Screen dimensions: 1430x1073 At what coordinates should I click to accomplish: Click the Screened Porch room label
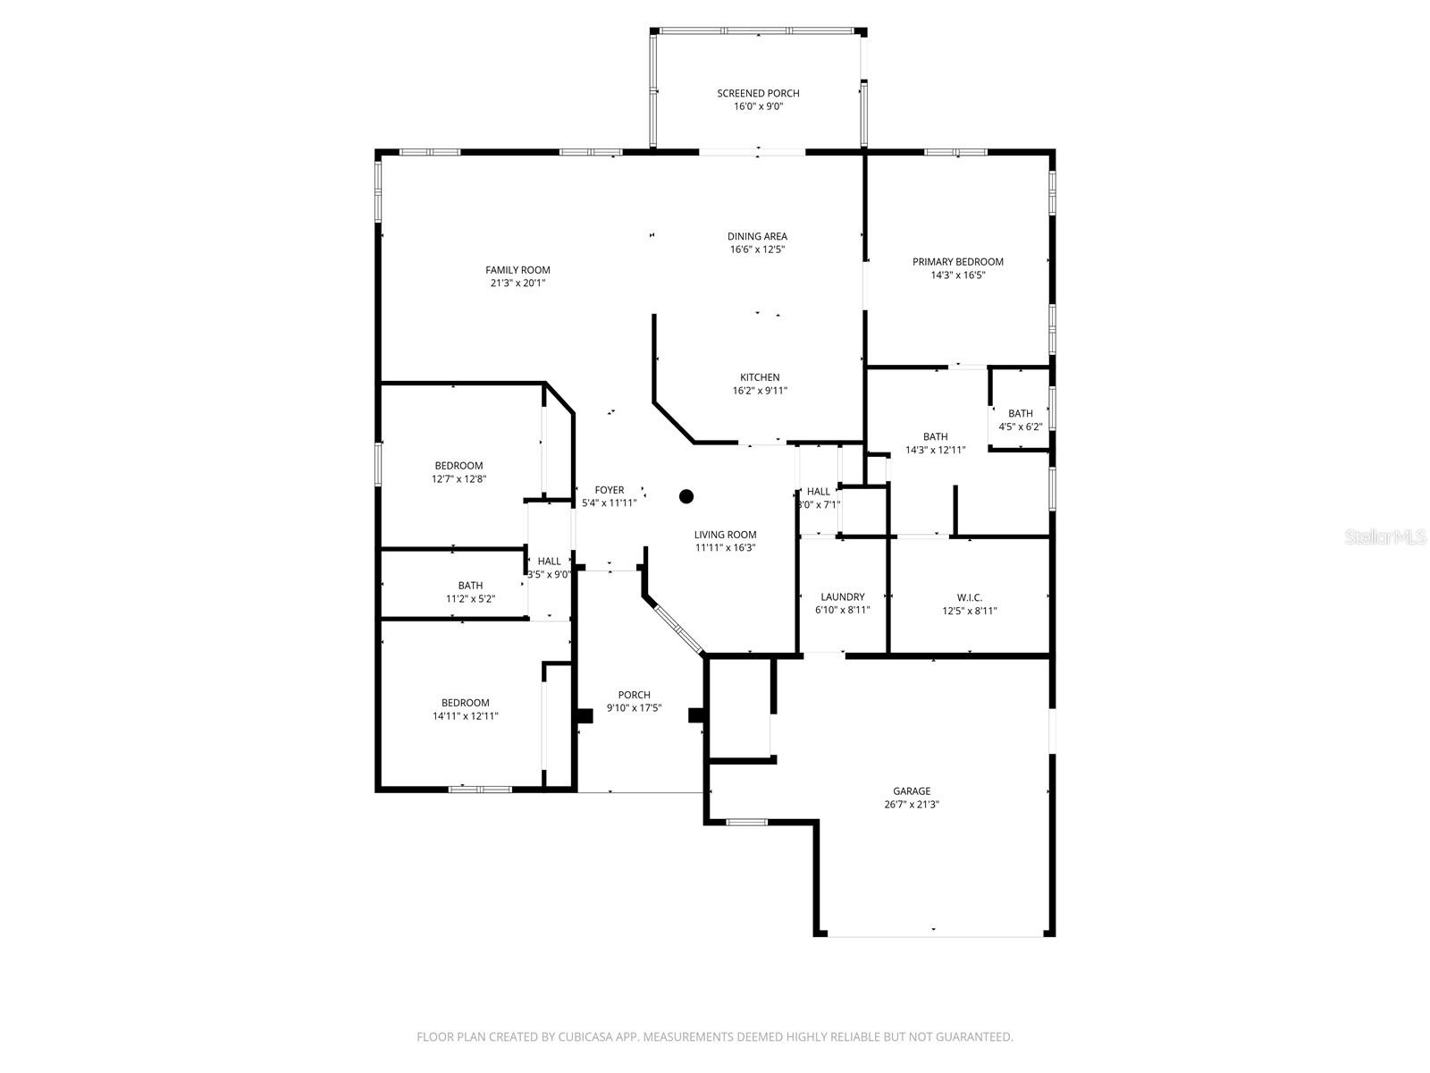pos(758,93)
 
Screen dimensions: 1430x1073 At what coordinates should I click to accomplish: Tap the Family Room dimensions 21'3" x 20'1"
pos(517,283)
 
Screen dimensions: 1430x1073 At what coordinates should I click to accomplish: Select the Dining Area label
pos(757,236)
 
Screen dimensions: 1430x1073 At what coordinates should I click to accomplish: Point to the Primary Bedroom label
pos(957,262)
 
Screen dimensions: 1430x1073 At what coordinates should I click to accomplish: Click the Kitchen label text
pos(760,377)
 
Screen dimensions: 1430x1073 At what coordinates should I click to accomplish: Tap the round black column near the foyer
pos(686,496)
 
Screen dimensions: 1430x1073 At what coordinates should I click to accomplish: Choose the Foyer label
pos(610,490)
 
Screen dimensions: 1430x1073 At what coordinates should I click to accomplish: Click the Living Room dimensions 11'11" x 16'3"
pos(725,548)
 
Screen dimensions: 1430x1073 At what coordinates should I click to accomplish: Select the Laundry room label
pos(843,596)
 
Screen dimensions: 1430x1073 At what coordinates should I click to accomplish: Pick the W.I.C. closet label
pos(970,597)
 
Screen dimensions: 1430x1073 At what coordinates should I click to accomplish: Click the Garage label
pos(912,791)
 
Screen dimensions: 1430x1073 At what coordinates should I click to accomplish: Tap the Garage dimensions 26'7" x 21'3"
pos(912,805)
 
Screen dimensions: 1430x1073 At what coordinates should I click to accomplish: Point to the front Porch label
pos(634,695)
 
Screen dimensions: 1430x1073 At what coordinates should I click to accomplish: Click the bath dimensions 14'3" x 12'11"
pos(935,450)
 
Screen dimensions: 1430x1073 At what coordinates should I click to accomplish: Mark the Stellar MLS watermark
pos(1385,536)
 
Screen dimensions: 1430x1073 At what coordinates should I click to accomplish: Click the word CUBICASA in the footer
pos(585,1036)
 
